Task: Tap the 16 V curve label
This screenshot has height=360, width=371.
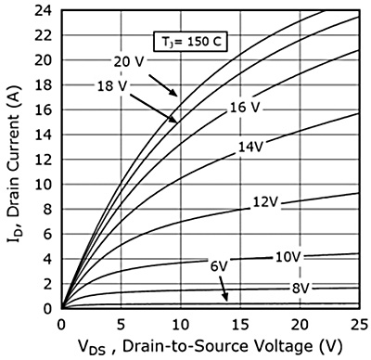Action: point(244,109)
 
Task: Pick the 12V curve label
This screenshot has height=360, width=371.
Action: point(264,202)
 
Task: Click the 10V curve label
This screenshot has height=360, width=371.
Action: point(288,255)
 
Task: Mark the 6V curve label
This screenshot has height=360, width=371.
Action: point(219,266)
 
